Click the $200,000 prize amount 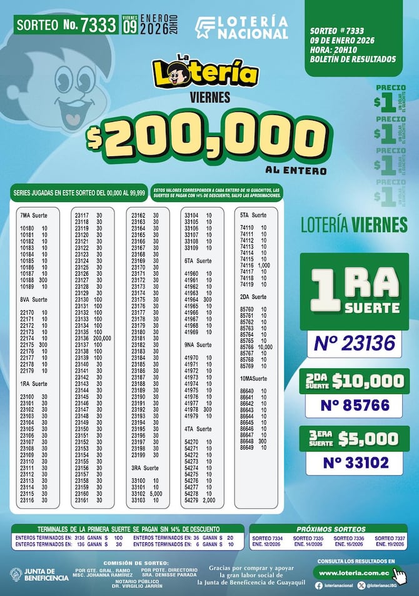coord(206,137)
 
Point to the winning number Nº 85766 coord(354,405)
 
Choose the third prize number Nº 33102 coord(354,463)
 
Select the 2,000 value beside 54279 coord(209,500)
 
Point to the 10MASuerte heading coord(253,379)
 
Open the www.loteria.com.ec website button coord(355,572)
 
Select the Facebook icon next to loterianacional coord(319,585)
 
